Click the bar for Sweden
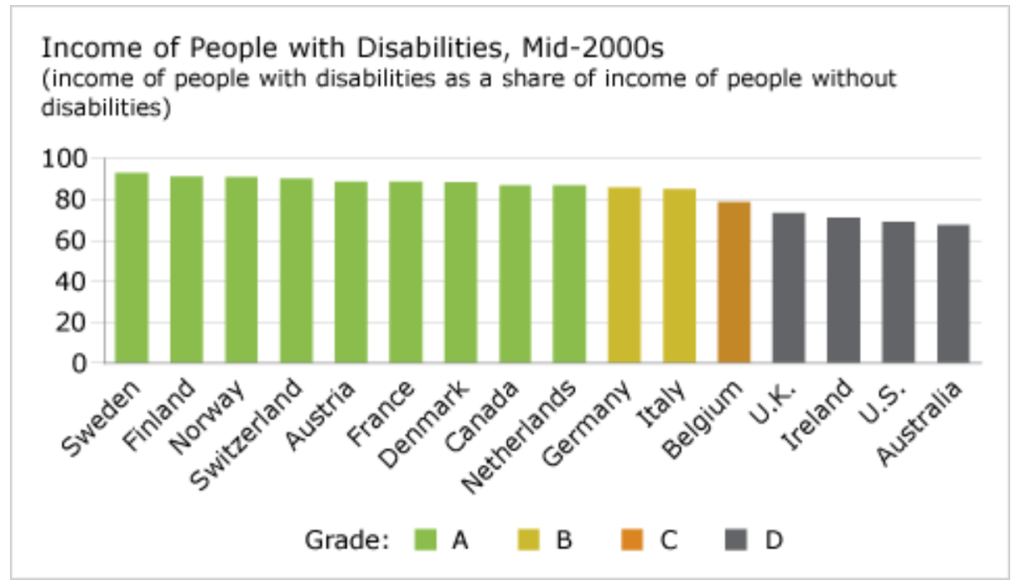132,267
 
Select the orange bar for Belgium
734,282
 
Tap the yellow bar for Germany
624,274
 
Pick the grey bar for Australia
952,294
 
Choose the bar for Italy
680,275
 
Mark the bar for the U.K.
789,288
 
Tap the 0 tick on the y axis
83,363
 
